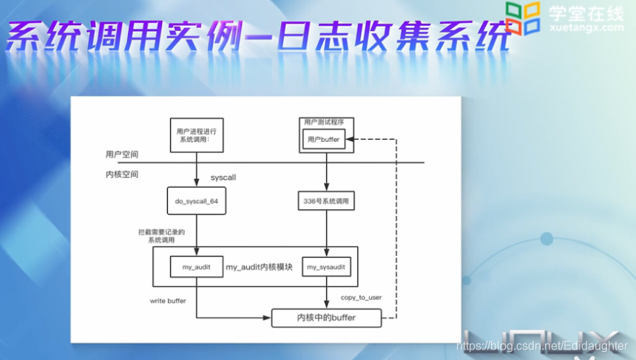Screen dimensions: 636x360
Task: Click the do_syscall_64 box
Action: [x=197, y=200]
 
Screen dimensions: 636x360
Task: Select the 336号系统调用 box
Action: [x=325, y=200]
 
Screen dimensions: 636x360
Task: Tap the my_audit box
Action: [x=197, y=266]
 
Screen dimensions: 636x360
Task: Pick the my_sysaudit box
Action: [x=325, y=267]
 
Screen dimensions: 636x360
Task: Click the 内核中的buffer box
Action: [x=326, y=318]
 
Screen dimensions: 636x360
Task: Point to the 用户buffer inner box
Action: [x=324, y=139]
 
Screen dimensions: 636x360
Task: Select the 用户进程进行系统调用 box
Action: [x=197, y=135]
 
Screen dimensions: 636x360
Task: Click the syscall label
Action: [x=223, y=178]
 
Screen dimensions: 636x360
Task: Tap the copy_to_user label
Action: [x=361, y=297]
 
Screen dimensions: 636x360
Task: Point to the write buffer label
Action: [x=167, y=301]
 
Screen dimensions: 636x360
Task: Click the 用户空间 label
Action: [x=122, y=155]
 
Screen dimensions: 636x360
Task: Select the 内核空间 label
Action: [x=122, y=174]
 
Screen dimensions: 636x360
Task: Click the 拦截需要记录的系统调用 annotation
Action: [x=166, y=236]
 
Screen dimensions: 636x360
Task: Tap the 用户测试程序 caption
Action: [x=325, y=122]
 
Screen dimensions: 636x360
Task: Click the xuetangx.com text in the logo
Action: [x=588, y=27]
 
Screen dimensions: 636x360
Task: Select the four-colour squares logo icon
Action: [x=523, y=18]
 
